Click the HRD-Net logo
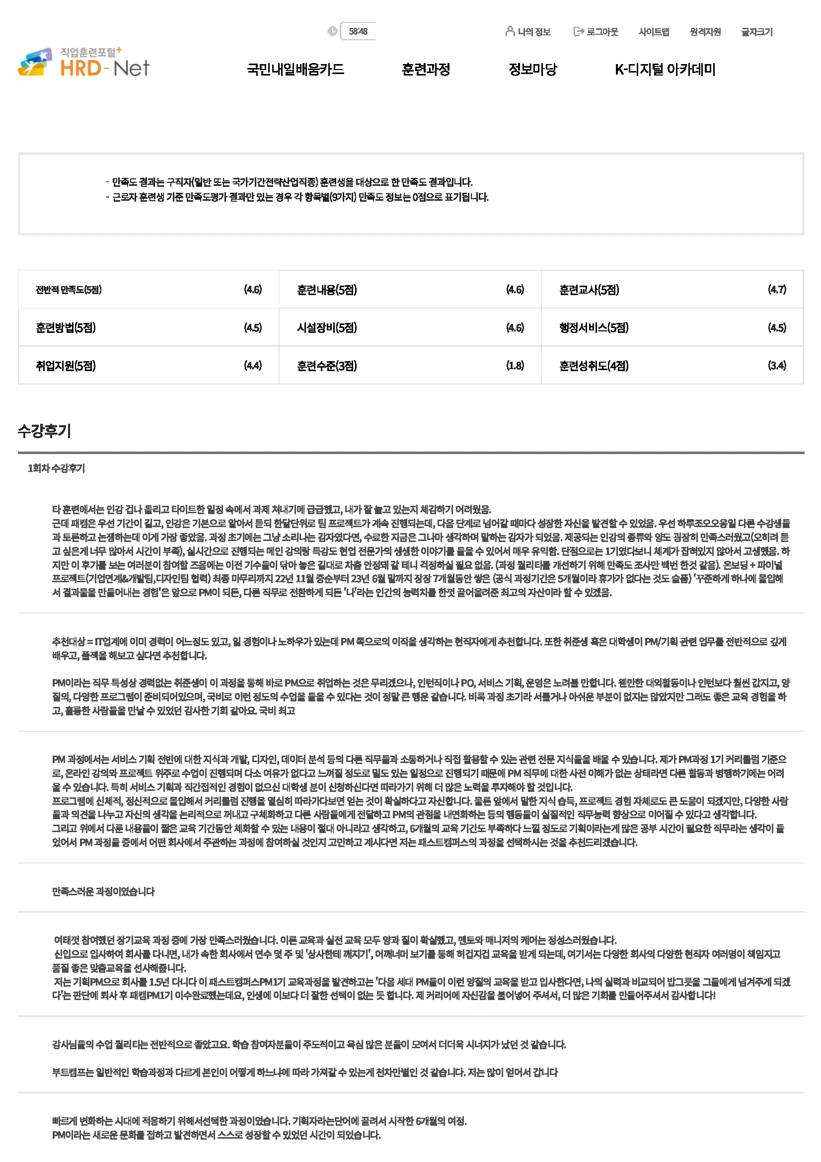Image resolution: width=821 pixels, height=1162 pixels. (x=84, y=63)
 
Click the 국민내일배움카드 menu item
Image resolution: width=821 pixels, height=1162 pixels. (x=296, y=70)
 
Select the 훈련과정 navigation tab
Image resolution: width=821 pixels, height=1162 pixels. (x=426, y=70)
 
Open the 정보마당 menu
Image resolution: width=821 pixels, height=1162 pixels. (x=532, y=70)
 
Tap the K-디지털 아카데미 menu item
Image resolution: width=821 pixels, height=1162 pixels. (x=665, y=70)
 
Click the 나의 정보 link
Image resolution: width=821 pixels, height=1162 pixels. (x=528, y=32)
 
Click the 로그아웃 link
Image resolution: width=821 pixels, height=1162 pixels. (x=596, y=32)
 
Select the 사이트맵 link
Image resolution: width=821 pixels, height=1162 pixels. (x=654, y=32)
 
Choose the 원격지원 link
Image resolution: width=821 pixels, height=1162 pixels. (x=705, y=32)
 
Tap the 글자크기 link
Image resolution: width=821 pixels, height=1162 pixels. (x=757, y=32)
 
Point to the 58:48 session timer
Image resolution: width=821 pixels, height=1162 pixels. (x=358, y=31)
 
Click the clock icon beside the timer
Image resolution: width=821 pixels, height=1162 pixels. (x=332, y=31)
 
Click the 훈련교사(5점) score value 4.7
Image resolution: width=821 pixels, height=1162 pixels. (x=776, y=290)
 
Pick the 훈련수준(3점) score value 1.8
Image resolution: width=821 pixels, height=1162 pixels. (x=515, y=366)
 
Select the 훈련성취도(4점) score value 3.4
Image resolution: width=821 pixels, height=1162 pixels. (x=776, y=366)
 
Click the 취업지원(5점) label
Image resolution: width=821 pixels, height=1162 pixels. (x=66, y=366)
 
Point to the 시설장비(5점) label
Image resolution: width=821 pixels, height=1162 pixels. (x=327, y=327)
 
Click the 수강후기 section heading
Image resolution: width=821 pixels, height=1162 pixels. (x=45, y=431)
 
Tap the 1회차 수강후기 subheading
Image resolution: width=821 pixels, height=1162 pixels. (x=56, y=468)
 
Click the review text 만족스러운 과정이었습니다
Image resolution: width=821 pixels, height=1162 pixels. (x=103, y=891)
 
